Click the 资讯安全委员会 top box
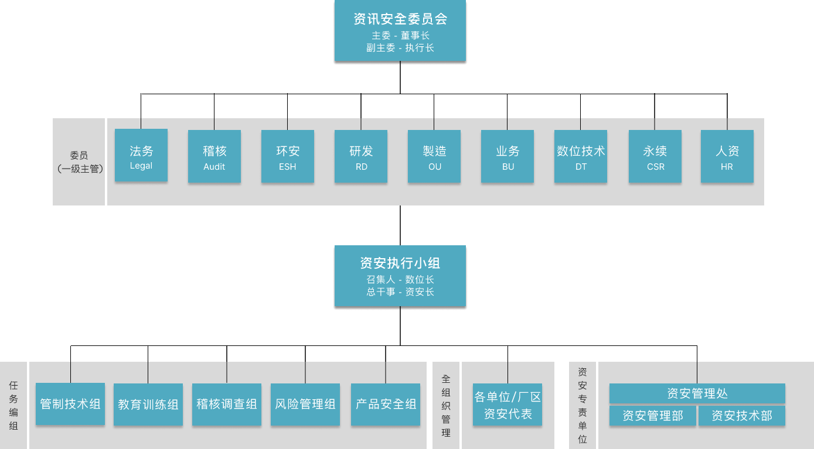pos(400,32)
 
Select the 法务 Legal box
pos(141,156)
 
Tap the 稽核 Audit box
pos(214,156)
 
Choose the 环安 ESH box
pos(288,156)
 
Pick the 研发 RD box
pos(361,156)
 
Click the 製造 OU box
pos(434,156)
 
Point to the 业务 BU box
pos(508,156)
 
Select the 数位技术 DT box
pos(581,156)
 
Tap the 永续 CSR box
pos(655,156)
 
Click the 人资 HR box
pos(727,156)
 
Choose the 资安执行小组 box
pos(400,277)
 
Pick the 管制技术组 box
pos(70,404)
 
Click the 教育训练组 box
pos(148,405)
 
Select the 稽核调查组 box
pos(227,405)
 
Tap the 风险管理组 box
pos(305,405)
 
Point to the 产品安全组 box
pos(386,405)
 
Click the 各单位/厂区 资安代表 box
pos(508,405)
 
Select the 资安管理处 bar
pos(697,393)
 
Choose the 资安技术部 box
pos(742,416)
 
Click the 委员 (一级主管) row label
pos(79,162)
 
